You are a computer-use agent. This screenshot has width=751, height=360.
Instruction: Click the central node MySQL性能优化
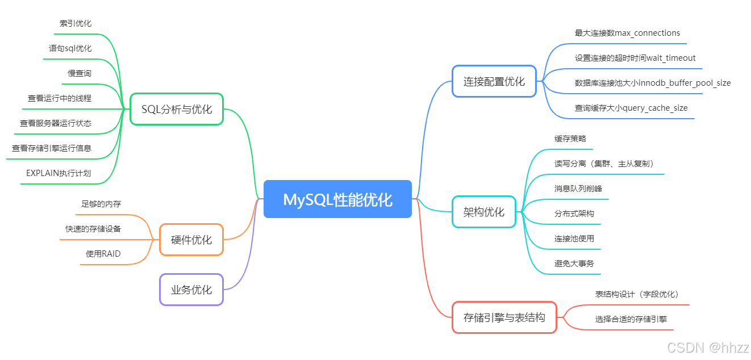coord(337,199)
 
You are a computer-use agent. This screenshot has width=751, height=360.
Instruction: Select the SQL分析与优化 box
coord(177,109)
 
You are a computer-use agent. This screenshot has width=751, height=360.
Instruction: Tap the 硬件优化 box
coord(191,240)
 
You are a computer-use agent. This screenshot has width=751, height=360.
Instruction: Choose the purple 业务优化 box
coord(191,290)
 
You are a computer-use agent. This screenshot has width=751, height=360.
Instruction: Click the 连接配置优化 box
coord(494,81)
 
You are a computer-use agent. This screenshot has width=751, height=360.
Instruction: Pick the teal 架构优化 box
coord(483,212)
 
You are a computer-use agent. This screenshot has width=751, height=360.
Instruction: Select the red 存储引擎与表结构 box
coord(504,317)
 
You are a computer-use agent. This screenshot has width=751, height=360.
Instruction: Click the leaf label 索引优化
coord(76,23)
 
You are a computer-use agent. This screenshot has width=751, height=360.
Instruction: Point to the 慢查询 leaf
coord(80,73)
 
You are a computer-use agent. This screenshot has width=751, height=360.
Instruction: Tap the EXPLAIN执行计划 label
coord(59,173)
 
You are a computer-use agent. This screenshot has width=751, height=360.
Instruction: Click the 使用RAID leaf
coord(103,254)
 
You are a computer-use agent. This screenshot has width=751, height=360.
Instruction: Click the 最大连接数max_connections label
coord(627,33)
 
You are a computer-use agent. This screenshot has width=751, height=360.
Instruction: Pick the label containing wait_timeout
coord(635,58)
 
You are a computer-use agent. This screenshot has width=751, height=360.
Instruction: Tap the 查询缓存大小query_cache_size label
coord(631,108)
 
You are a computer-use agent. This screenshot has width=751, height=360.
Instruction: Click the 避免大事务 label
coord(574,263)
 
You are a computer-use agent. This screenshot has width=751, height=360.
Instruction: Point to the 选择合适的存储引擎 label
coord(631,319)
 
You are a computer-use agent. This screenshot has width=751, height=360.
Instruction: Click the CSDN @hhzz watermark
coord(708,348)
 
